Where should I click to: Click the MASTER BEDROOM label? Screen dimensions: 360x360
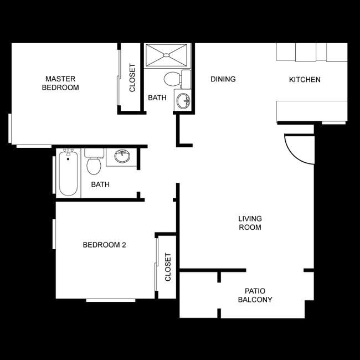[60, 83]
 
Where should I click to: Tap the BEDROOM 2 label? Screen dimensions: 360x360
[105, 245]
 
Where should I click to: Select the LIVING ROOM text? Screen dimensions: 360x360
[250, 223]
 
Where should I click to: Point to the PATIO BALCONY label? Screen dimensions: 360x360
[255, 295]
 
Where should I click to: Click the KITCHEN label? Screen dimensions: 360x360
[305, 80]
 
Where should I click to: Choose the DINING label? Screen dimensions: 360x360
[223, 79]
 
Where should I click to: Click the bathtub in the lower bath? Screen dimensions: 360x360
[68, 174]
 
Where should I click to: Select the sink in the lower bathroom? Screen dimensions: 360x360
[122, 157]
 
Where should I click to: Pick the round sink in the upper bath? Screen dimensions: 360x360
[182, 101]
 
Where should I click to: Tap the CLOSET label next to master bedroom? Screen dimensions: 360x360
[132, 78]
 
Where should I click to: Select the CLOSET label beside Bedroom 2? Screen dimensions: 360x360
[168, 267]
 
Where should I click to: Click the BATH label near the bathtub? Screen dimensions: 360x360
[100, 184]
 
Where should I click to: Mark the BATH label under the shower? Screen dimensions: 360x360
[157, 98]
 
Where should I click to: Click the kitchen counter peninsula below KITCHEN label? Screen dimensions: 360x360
[311, 111]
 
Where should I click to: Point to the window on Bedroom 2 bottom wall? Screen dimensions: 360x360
[111, 300]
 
